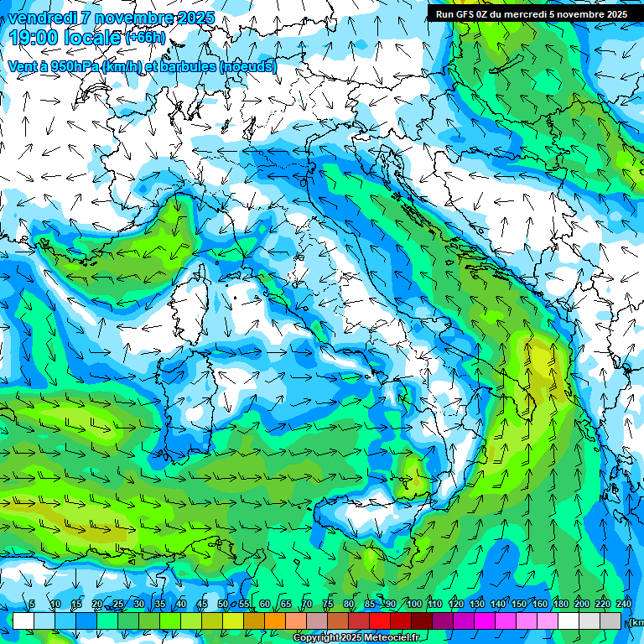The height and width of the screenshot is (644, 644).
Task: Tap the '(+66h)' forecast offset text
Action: tap(145, 38)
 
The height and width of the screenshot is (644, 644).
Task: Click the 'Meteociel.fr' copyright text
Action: tap(387, 638)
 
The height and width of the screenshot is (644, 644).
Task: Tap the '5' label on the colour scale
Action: tap(32, 605)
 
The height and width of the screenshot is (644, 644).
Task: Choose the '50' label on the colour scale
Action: tap(222, 605)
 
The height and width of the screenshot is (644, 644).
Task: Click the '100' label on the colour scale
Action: tap(413, 605)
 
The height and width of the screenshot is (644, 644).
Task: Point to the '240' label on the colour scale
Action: tap(624, 605)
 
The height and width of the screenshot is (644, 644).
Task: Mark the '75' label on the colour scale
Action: tap(328, 605)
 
